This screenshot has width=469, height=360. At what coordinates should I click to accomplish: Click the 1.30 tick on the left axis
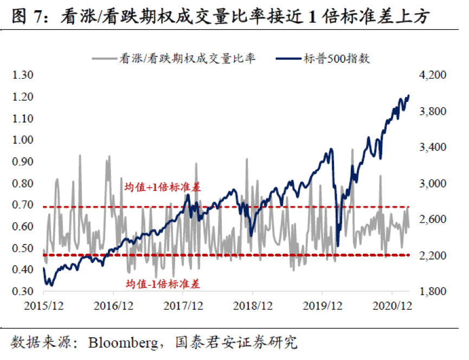pyautogui.click(x=23, y=75)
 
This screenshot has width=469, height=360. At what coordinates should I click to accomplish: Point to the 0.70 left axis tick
pyautogui.click(x=23, y=205)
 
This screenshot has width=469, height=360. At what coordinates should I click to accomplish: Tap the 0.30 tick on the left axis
pyautogui.click(x=23, y=292)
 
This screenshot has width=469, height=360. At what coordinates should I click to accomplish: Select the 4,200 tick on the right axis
pyautogui.click(x=431, y=75)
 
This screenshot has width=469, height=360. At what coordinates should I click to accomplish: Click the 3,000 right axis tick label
pyautogui.click(x=431, y=183)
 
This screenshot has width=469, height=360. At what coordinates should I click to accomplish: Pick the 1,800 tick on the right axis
pyautogui.click(x=431, y=292)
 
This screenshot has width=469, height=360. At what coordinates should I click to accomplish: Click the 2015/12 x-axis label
pyautogui.click(x=44, y=306)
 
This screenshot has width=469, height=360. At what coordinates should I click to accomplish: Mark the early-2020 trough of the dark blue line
pyautogui.click(x=338, y=246)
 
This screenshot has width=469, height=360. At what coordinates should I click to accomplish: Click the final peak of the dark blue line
pyautogui.click(x=408, y=95)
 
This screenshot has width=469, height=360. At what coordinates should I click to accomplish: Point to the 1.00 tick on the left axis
pyautogui.click(x=23, y=140)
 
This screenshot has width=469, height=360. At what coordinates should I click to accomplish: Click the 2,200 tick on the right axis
pyautogui.click(x=431, y=255)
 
